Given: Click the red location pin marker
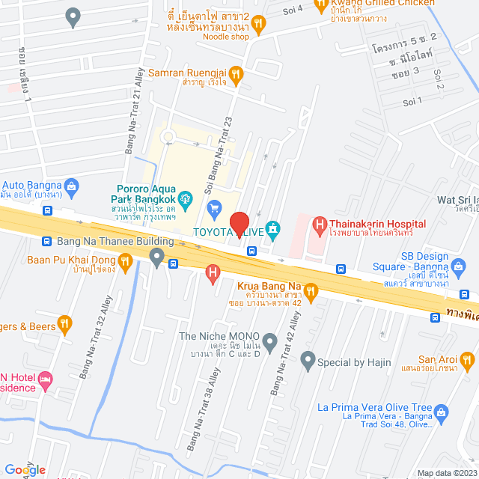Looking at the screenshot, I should pyautogui.click(x=239, y=225).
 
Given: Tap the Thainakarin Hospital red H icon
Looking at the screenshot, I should pyautogui.click(x=320, y=223).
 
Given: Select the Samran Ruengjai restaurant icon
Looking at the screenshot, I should pyautogui.click(x=236, y=73).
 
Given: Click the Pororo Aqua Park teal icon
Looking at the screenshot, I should pyautogui.click(x=186, y=198).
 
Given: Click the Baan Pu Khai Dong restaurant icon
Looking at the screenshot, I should pyautogui.click(x=125, y=260).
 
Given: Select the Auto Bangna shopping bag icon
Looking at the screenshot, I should pyautogui.click(x=72, y=185).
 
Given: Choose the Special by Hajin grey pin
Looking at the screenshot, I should pyautogui.click(x=307, y=362).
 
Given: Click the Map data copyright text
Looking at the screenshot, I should pyautogui.click(x=446, y=473).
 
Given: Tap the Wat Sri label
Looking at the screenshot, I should pyautogui.click(x=457, y=200).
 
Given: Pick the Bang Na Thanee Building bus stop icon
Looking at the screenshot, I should pyautogui.click(x=46, y=241).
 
